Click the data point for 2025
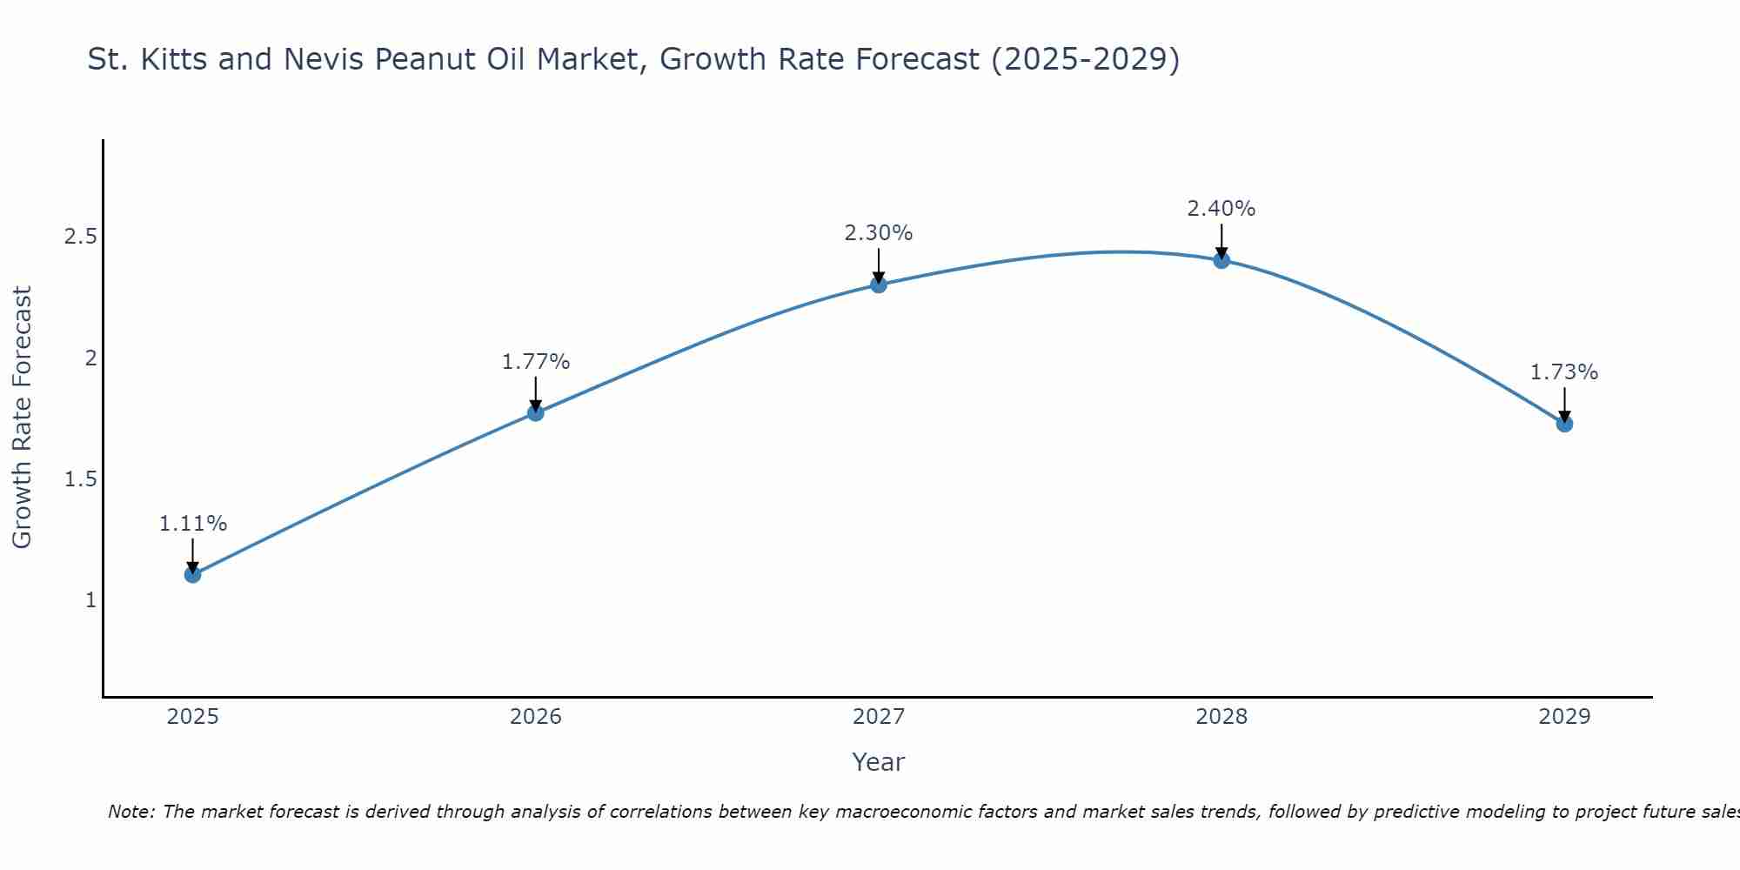(x=193, y=574)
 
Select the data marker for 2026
(x=536, y=412)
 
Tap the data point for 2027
(x=879, y=284)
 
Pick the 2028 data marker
(x=1221, y=260)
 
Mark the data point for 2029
(x=1564, y=424)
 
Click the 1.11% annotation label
(x=193, y=524)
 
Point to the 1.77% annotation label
(x=536, y=362)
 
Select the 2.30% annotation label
(x=879, y=233)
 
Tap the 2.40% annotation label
(x=1221, y=209)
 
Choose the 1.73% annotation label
(x=1564, y=372)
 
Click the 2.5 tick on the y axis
(x=81, y=237)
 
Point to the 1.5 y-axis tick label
(x=81, y=479)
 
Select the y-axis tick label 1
(x=90, y=600)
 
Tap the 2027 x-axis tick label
(x=879, y=717)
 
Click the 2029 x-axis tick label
(x=1564, y=717)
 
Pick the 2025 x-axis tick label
(x=193, y=717)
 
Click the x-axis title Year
(x=879, y=762)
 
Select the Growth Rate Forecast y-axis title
(x=22, y=418)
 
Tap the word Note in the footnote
(x=130, y=812)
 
